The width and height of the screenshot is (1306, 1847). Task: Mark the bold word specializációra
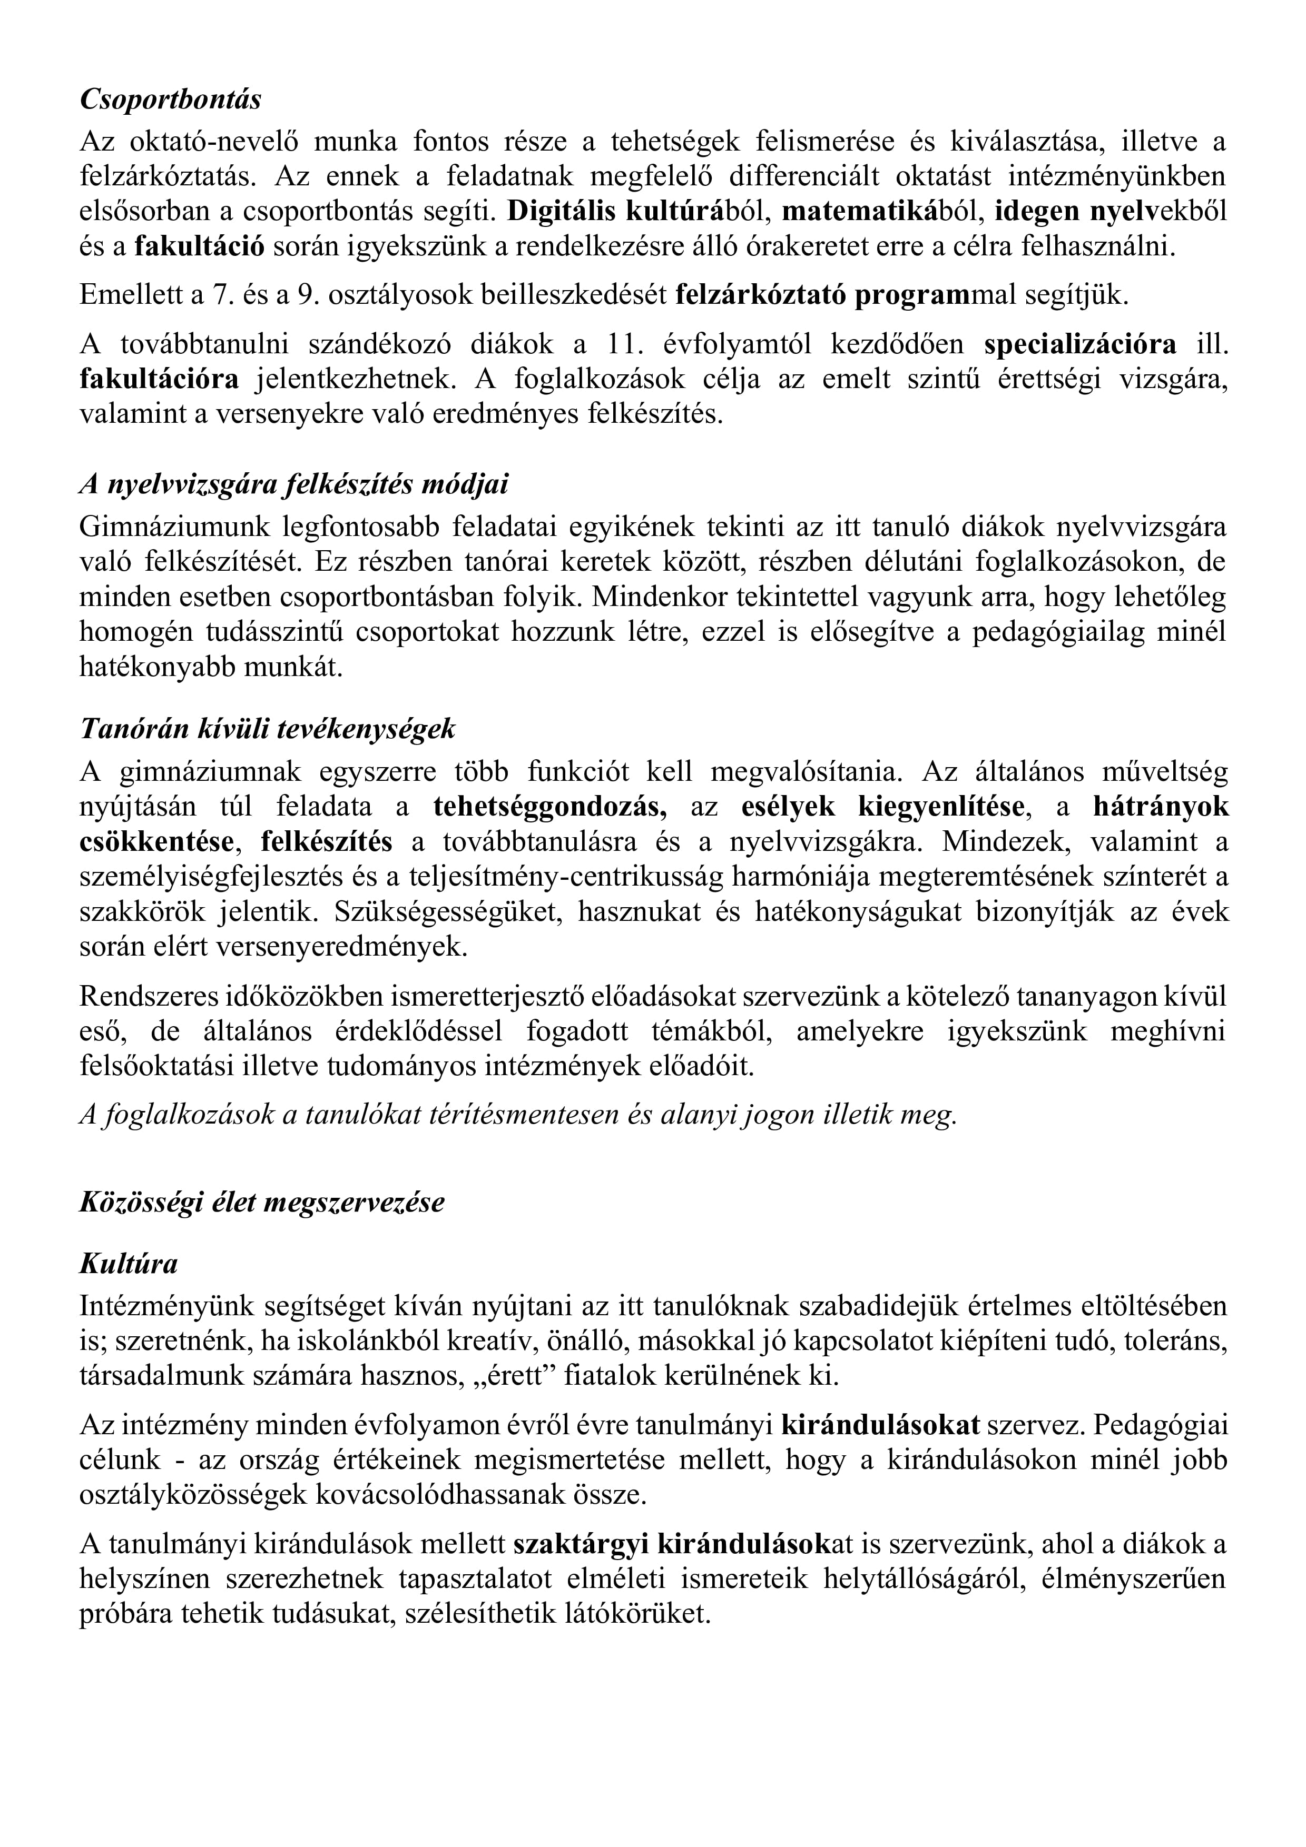(1080, 344)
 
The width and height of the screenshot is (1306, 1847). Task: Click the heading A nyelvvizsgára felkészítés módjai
(294, 485)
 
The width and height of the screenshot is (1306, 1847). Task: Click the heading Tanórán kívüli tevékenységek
(267, 729)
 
